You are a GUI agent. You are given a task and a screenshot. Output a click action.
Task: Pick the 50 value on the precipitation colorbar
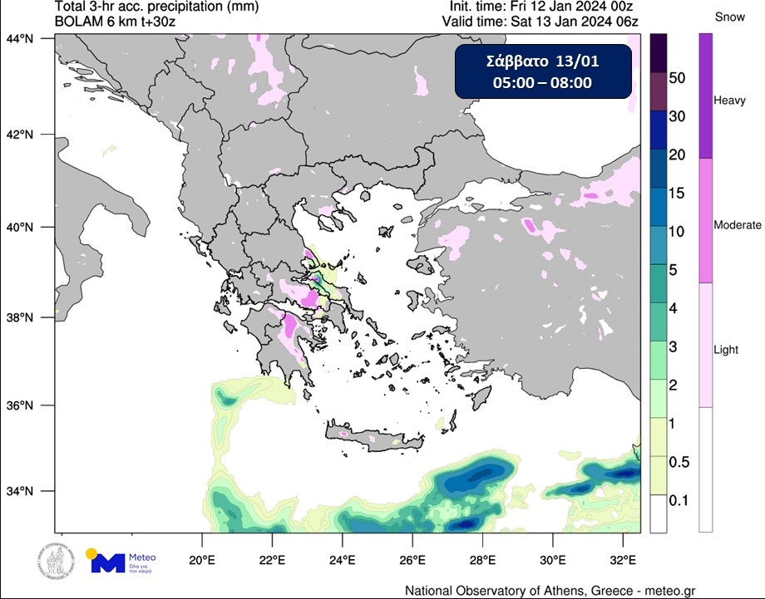pos(677,78)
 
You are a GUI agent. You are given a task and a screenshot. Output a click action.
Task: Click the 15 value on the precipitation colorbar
pos(677,193)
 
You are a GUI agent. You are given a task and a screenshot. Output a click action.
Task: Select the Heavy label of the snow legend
pos(730,100)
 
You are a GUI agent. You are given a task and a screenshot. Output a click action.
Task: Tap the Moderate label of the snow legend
pos(738,225)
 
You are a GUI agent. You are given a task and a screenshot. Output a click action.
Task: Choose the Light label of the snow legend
pos(726,350)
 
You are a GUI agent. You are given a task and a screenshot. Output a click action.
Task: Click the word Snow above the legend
pos(728,17)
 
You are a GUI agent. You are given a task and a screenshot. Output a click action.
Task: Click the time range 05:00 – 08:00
pos(542,82)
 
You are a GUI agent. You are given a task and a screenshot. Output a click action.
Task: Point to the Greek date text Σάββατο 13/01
pos(542,62)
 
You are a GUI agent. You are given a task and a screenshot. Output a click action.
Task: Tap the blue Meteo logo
pos(122,562)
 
